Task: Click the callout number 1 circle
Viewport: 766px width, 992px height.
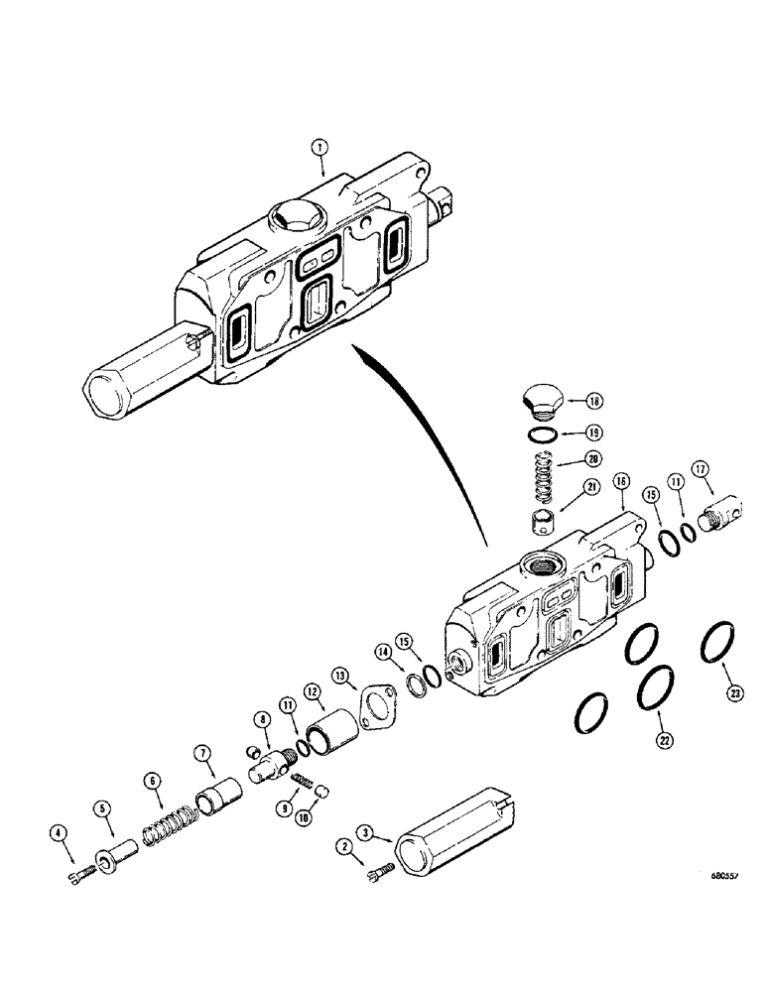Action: coord(318,147)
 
